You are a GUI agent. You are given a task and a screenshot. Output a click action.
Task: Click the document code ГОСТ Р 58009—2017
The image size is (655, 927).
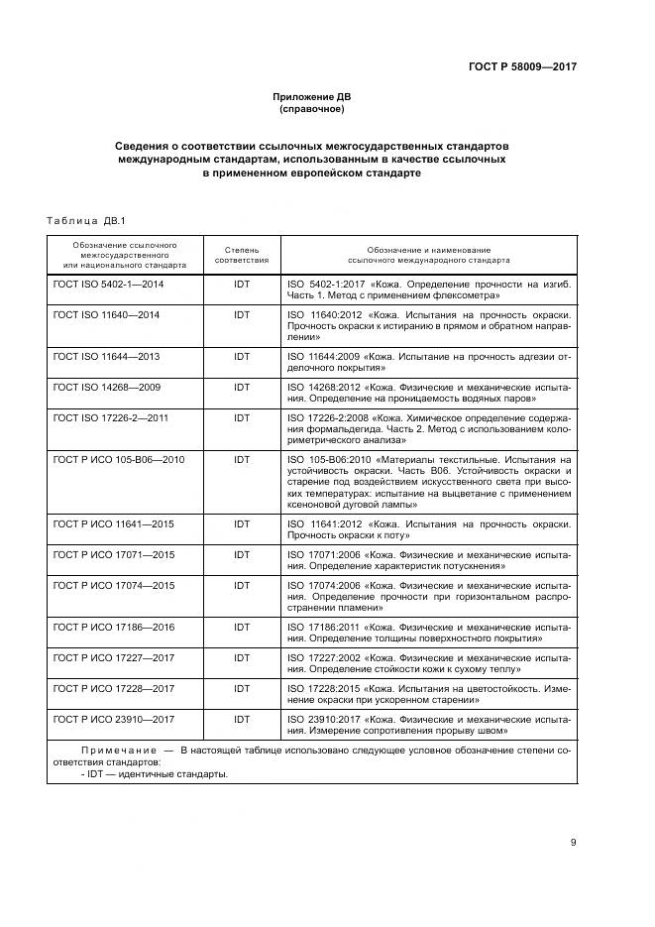[522, 66]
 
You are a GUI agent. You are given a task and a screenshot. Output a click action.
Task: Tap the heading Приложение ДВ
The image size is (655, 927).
[312, 96]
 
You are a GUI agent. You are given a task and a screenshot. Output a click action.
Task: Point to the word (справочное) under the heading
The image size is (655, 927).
[312, 109]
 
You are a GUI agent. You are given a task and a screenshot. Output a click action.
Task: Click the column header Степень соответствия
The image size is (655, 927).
[242, 254]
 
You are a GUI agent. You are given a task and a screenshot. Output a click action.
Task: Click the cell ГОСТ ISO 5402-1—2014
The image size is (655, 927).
[109, 284]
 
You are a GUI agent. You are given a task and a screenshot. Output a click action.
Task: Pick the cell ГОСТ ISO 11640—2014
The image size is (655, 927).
[106, 314]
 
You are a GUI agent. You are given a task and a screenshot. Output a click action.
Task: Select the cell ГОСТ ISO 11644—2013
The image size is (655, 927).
[106, 355]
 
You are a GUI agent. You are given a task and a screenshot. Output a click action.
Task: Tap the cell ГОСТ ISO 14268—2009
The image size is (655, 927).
[106, 387]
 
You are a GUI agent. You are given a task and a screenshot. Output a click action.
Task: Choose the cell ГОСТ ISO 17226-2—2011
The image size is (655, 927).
[111, 418]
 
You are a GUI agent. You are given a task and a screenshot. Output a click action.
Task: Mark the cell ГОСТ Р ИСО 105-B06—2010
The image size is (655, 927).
[119, 460]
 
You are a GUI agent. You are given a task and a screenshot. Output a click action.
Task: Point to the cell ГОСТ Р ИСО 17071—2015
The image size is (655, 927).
[113, 554]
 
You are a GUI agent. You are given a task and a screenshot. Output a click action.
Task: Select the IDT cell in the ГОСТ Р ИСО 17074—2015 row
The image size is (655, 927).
[242, 586]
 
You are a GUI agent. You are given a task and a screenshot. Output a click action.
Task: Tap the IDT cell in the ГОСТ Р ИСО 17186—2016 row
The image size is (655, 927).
[242, 628]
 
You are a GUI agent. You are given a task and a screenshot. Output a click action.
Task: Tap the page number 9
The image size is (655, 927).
[573, 843]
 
